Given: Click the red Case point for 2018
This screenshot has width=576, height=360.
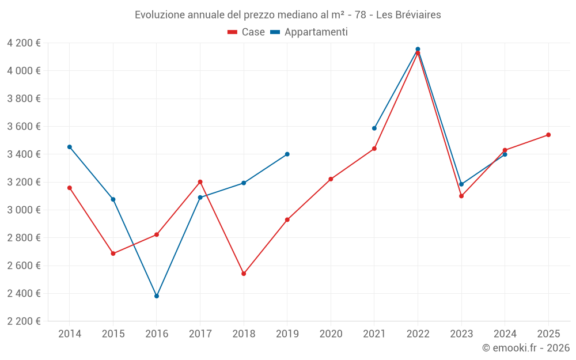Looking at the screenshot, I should point(244,274).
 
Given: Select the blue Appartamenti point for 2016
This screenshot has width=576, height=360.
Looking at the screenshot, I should point(157,296).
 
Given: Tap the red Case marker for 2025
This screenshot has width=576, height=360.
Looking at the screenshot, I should point(548,135).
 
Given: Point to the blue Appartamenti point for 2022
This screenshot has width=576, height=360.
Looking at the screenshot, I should point(418,49).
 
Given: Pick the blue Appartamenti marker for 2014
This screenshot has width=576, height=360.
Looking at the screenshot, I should point(70,147).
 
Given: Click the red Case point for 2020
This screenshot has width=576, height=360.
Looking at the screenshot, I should point(331,179).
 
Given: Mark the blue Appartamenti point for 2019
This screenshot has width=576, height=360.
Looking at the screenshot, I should point(287,154).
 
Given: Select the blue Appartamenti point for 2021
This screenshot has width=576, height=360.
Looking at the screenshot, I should point(374,128).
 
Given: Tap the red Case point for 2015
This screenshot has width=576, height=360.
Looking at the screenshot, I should point(113,253).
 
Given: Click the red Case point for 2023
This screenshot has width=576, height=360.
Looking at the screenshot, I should point(461,196).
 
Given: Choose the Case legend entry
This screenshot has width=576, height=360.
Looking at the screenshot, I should point(247,32).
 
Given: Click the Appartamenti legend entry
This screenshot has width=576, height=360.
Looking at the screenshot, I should point(309,32).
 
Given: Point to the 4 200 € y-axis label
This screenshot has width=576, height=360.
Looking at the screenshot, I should point(24,43).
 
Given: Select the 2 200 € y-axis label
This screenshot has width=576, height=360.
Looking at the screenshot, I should point(24,321).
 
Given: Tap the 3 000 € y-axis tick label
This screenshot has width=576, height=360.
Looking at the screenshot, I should point(24,210).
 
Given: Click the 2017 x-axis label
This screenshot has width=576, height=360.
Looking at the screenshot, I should point(200,334).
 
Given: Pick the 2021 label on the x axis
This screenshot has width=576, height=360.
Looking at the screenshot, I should point(374,334).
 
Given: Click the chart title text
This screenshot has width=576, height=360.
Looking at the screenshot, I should point(288,15).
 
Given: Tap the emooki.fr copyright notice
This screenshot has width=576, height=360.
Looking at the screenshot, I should point(526,348).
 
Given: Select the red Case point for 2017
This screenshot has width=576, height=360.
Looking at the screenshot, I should point(200,182).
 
